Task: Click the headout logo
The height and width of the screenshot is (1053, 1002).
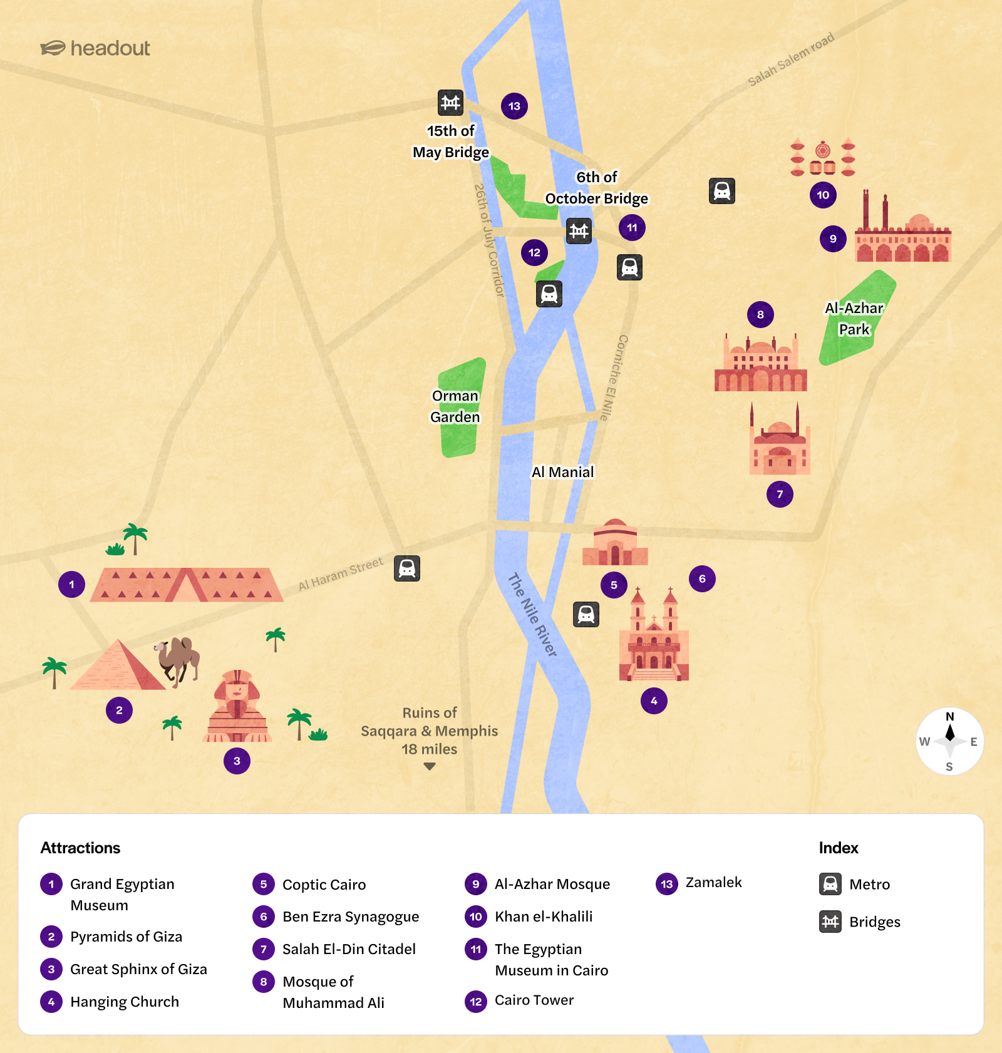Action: click(95, 48)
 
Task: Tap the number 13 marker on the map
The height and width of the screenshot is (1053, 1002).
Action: click(514, 106)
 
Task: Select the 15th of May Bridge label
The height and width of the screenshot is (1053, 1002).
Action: click(451, 141)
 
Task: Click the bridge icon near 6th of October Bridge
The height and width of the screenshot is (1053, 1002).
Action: click(579, 231)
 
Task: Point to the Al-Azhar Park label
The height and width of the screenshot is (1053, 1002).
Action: click(854, 319)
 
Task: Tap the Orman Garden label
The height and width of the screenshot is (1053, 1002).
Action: click(455, 406)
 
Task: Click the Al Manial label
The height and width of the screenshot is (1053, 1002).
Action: click(562, 472)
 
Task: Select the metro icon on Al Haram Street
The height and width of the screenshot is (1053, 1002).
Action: click(407, 568)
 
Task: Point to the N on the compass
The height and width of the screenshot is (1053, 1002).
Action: click(950, 717)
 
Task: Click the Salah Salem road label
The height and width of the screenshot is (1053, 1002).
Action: click(791, 59)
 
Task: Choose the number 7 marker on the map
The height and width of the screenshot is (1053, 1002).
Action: click(780, 494)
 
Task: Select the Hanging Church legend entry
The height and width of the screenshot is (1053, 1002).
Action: click(124, 1002)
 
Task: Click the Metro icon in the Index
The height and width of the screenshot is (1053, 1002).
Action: click(830, 884)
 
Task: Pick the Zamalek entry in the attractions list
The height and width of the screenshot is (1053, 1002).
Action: click(713, 883)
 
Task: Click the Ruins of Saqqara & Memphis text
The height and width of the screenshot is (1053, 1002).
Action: click(430, 731)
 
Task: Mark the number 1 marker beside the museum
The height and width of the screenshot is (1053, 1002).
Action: click(72, 585)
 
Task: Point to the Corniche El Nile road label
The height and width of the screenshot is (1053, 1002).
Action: click(614, 378)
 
